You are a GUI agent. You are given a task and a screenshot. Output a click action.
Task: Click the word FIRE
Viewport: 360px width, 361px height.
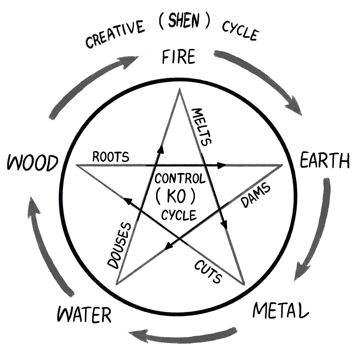pos(179,57)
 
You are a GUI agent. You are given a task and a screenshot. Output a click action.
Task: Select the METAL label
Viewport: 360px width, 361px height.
pos(281,310)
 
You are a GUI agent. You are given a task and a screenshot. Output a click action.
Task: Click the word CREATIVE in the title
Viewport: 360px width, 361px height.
pos(115,35)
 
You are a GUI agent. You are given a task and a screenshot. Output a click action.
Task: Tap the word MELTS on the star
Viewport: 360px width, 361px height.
pos(201,126)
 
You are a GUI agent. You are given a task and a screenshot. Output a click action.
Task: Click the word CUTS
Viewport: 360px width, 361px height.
pos(208,272)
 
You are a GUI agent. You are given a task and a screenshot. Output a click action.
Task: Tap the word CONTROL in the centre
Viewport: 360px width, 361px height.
pos(180,178)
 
